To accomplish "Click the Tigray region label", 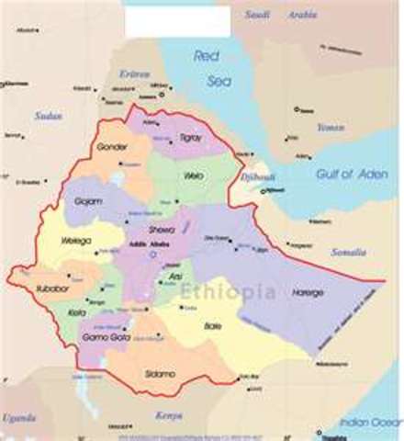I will click(189, 137).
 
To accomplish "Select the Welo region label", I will click(194, 175).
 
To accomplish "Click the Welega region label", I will click(74, 240).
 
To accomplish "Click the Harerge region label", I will click(308, 292).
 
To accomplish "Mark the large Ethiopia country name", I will click(227, 291).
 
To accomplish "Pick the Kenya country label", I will click(169, 414).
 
